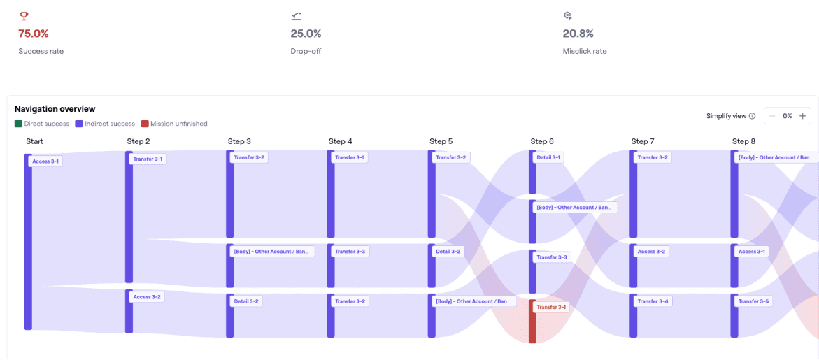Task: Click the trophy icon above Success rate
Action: click(24, 16)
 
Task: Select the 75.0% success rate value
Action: click(34, 34)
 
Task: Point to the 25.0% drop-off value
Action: click(306, 34)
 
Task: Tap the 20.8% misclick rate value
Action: click(578, 34)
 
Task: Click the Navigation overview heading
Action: click(55, 109)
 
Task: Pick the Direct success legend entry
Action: click(42, 124)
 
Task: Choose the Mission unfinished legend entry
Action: click(174, 124)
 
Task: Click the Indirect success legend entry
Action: click(105, 124)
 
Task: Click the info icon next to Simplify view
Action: click(752, 116)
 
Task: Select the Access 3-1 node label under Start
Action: click(46, 161)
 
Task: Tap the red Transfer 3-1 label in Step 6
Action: click(552, 307)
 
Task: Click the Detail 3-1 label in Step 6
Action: click(548, 158)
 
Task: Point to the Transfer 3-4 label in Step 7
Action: click(653, 301)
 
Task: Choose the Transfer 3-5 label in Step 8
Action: click(753, 301)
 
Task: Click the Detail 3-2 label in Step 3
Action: click(246, 301)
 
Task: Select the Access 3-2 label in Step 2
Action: click(147, 297)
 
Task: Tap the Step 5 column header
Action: click(441, 141)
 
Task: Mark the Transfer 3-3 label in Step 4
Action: click(350, 251)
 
